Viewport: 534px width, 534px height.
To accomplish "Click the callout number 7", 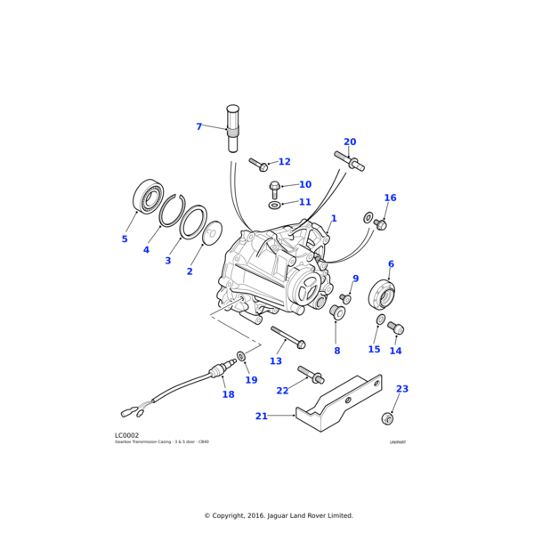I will (199, 127).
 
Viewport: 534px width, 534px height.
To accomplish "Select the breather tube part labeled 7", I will (233, 129).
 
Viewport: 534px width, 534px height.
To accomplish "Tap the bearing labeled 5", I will (149, 197).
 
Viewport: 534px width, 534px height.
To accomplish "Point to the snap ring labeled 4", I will (172, 210).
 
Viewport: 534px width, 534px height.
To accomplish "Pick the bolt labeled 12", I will (258, 165).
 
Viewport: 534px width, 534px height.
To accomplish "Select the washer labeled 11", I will (275, 205).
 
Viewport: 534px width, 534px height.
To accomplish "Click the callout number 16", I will (390, 198).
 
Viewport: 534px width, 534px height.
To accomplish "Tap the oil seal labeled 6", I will (382, 293).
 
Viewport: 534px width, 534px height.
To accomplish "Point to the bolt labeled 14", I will (396, 328).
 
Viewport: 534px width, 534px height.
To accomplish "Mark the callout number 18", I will (228, 394).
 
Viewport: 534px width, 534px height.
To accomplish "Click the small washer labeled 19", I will (241, 356).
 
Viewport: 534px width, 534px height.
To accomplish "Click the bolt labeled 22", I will (310, 375).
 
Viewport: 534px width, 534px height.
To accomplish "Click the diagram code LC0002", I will (126, 435).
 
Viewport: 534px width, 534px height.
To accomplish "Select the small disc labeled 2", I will (213, 233).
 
